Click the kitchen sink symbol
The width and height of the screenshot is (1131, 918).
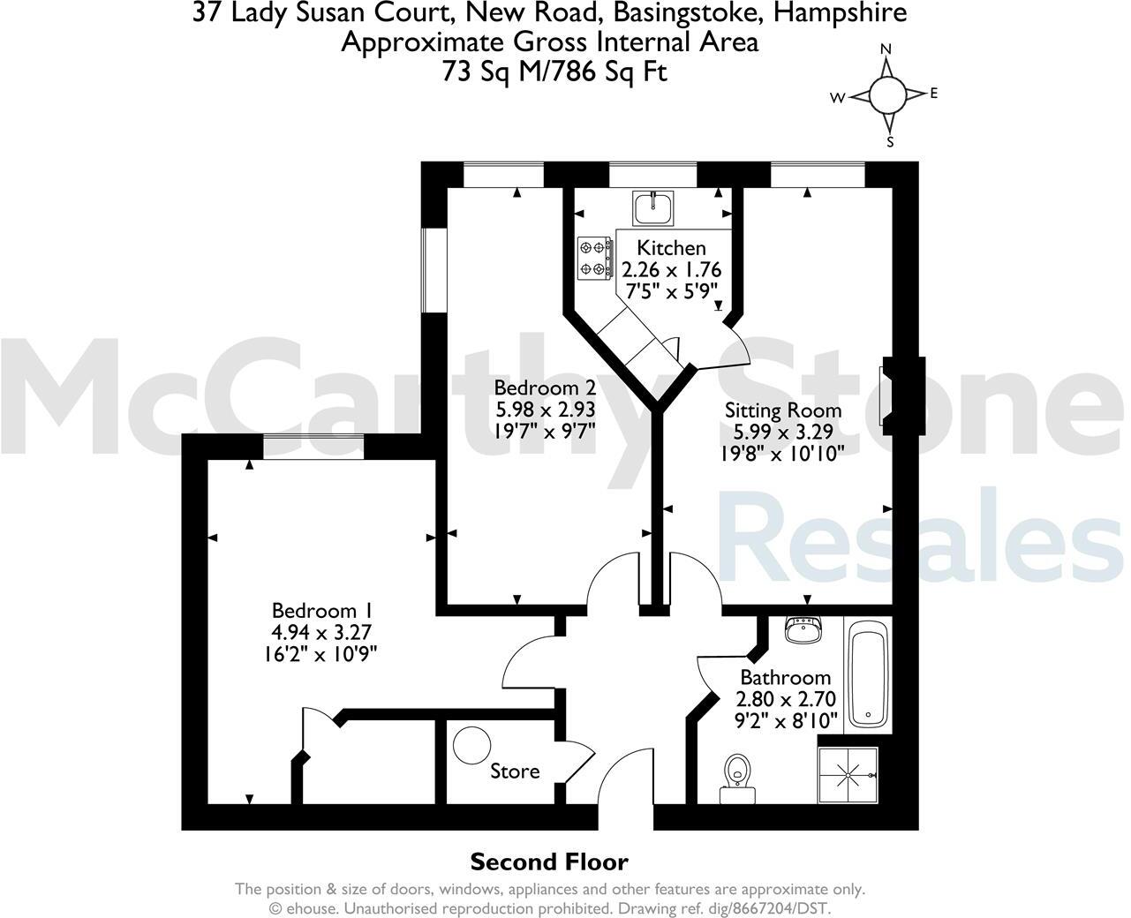652,207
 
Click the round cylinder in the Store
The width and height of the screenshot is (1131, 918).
471,745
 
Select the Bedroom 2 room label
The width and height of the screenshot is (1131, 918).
545,388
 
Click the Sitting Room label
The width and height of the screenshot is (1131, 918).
783,410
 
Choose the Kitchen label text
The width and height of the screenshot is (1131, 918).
671,248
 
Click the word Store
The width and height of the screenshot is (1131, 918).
515,771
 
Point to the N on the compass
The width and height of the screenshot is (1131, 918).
887,49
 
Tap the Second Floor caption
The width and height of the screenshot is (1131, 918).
548,862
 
